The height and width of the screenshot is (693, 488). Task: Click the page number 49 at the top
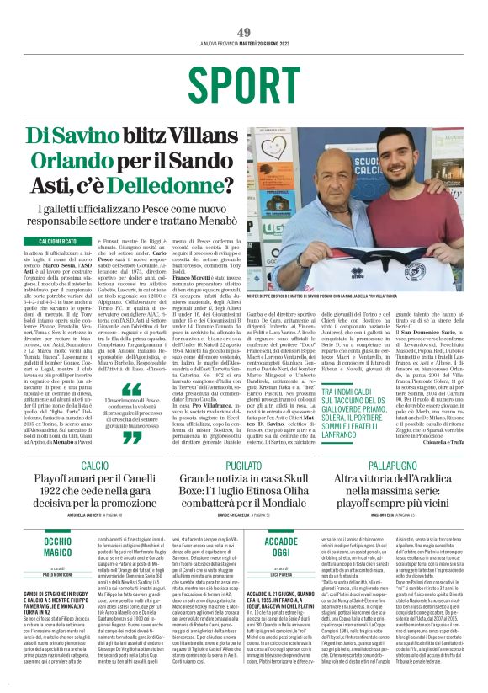click(x=244, y=32)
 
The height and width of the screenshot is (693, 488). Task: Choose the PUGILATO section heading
click(x=244, y=466)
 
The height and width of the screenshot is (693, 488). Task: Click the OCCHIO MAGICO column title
click(x=58, y=548)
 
